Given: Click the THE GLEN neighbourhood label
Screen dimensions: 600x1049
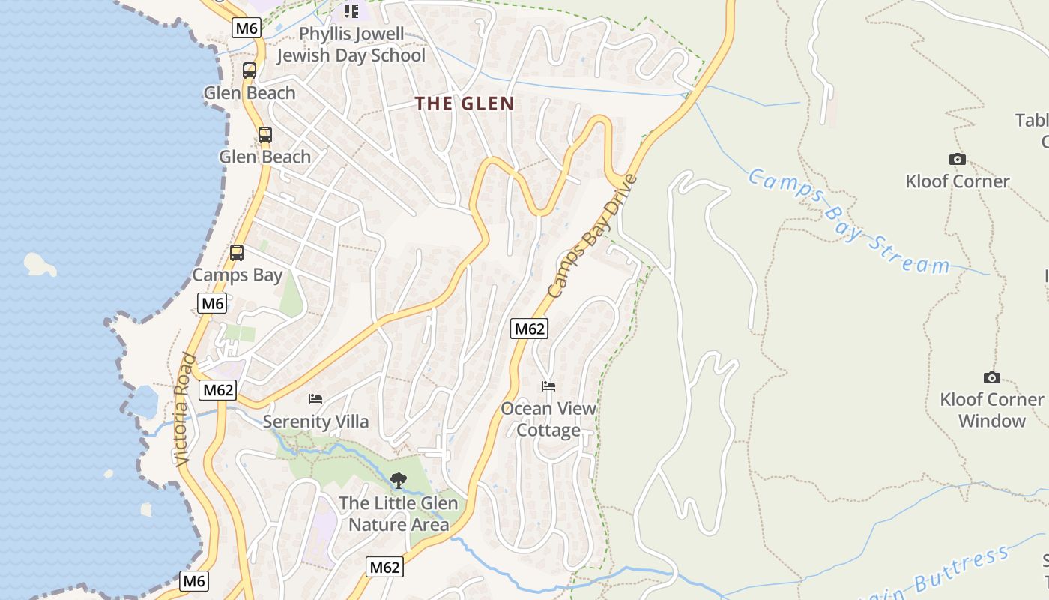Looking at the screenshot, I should click(465, 103).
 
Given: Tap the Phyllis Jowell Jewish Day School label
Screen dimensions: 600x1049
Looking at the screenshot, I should click(351, 45).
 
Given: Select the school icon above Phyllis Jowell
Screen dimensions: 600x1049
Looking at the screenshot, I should click(351, 11).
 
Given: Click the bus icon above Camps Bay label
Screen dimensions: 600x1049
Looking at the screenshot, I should click(237, 253).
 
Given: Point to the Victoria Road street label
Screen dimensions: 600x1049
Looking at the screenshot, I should click(184, 409).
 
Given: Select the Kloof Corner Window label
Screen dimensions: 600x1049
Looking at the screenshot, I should click(991, 409).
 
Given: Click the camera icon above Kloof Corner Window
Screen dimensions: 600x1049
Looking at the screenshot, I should click(991, 377).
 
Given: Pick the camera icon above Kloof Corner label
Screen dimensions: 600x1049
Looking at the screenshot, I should click(957, 159).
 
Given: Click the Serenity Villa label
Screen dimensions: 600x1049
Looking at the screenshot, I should click(315, 421).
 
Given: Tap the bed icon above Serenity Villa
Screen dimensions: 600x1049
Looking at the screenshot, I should click(315, 398).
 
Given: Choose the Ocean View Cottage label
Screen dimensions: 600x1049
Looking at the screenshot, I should click(548, 419).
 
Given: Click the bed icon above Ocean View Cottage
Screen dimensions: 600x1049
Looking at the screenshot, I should click(548, 386).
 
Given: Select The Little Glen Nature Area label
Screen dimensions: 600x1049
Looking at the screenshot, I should click(399, 514).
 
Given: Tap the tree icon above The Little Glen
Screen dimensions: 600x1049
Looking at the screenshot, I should click(399, 480).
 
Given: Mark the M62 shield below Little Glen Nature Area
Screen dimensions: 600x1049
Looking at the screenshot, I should click(385, 567).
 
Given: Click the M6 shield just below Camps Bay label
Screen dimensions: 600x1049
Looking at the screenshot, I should click(212, 303).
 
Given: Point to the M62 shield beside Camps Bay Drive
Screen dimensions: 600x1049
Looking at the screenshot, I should click(530, 328).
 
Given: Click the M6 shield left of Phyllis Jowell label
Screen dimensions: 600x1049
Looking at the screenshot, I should click(247, 28).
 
